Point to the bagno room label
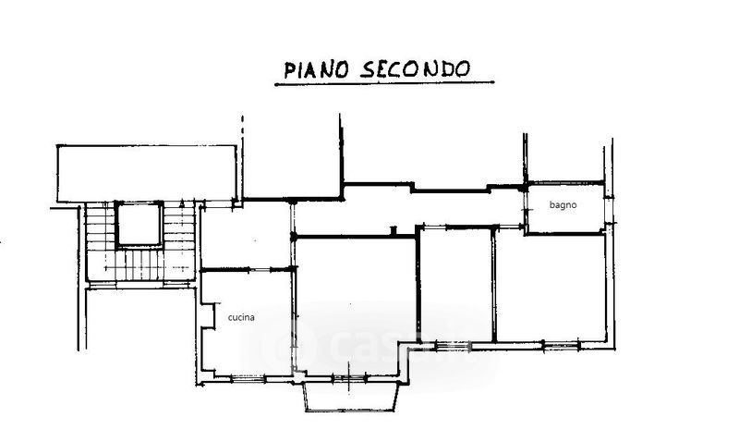pos(563,205)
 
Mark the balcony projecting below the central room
pos(352,397)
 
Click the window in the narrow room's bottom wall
pos(454,346)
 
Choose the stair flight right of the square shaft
pos(181,242)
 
